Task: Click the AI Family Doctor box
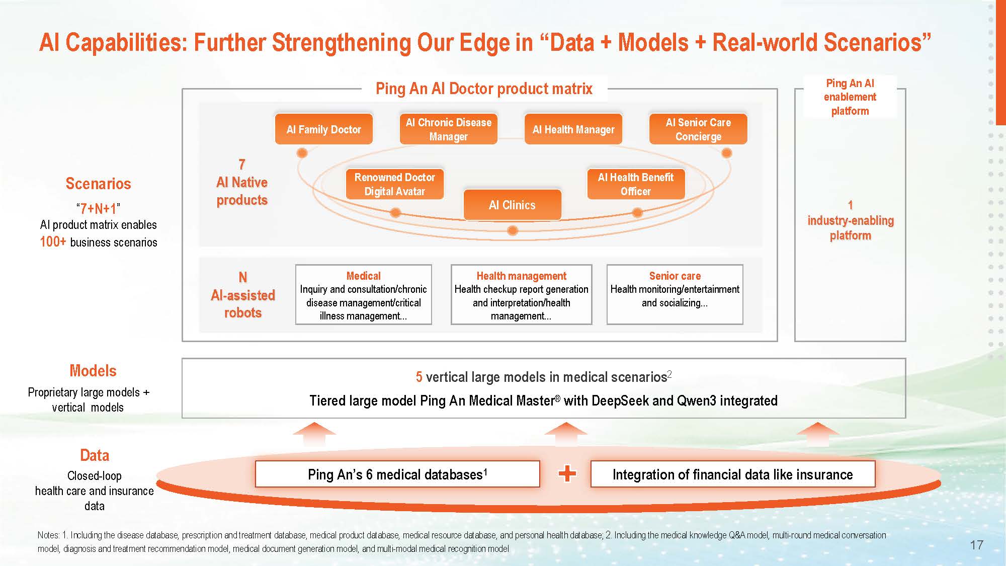323,129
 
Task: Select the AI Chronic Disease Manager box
448,129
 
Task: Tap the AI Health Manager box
573,129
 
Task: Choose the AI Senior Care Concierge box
698,129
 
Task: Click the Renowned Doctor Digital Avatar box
395,184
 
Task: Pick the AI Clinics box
512,205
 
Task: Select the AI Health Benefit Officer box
636,184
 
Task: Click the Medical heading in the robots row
363,276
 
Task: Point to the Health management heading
521,276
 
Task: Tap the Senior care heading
675,276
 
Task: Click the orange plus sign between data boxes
567,473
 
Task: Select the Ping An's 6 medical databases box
397,474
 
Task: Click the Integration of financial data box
732,474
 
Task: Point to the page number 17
976,545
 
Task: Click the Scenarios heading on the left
98,184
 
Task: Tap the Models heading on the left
93,371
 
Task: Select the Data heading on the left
95,455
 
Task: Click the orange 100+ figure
53,242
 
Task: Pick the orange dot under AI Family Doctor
302,153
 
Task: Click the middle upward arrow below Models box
566,434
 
